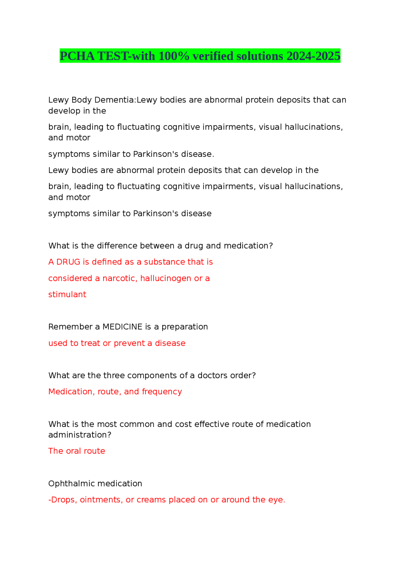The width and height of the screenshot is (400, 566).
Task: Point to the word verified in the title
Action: coord(213,56)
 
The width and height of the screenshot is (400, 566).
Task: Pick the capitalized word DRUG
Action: coord(68,262)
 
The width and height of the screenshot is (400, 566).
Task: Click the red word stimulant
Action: coord(67,295)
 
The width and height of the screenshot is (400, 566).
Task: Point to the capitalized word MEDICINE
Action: coord(122,327)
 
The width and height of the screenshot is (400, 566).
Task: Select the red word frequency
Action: coord(162,392)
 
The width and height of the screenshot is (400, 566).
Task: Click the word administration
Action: coord(80,435)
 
